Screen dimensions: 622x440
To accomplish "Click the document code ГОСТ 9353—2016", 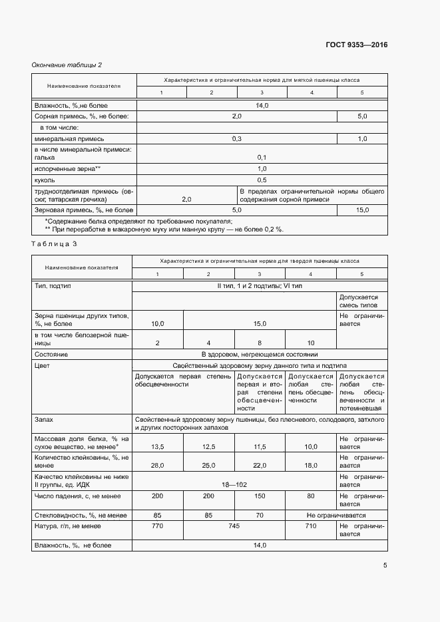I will coord(356,45).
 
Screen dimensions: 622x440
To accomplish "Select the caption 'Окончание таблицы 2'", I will coord(67,65).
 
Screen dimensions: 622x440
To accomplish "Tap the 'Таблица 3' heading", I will coord(55,244).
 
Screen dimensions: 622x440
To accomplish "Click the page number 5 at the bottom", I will coord(385,565).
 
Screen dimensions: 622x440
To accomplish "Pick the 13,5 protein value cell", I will coord(158,465).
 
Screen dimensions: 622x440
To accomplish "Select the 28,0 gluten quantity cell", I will coord(158,484).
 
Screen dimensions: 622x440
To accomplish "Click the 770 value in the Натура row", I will coord(157,526).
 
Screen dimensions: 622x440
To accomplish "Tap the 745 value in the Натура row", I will coord(234,526).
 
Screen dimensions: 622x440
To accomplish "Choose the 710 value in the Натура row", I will coord(311,526).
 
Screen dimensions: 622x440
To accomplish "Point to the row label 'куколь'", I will coord(45,180).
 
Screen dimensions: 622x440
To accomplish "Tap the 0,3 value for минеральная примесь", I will coord(236,138).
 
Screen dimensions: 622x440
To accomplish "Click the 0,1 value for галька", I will coord(261,157).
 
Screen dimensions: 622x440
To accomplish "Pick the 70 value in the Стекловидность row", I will coord(260,514).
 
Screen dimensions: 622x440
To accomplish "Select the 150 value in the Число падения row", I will coord(260,496).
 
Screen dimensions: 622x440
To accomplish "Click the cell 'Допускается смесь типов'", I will coord(359,301).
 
